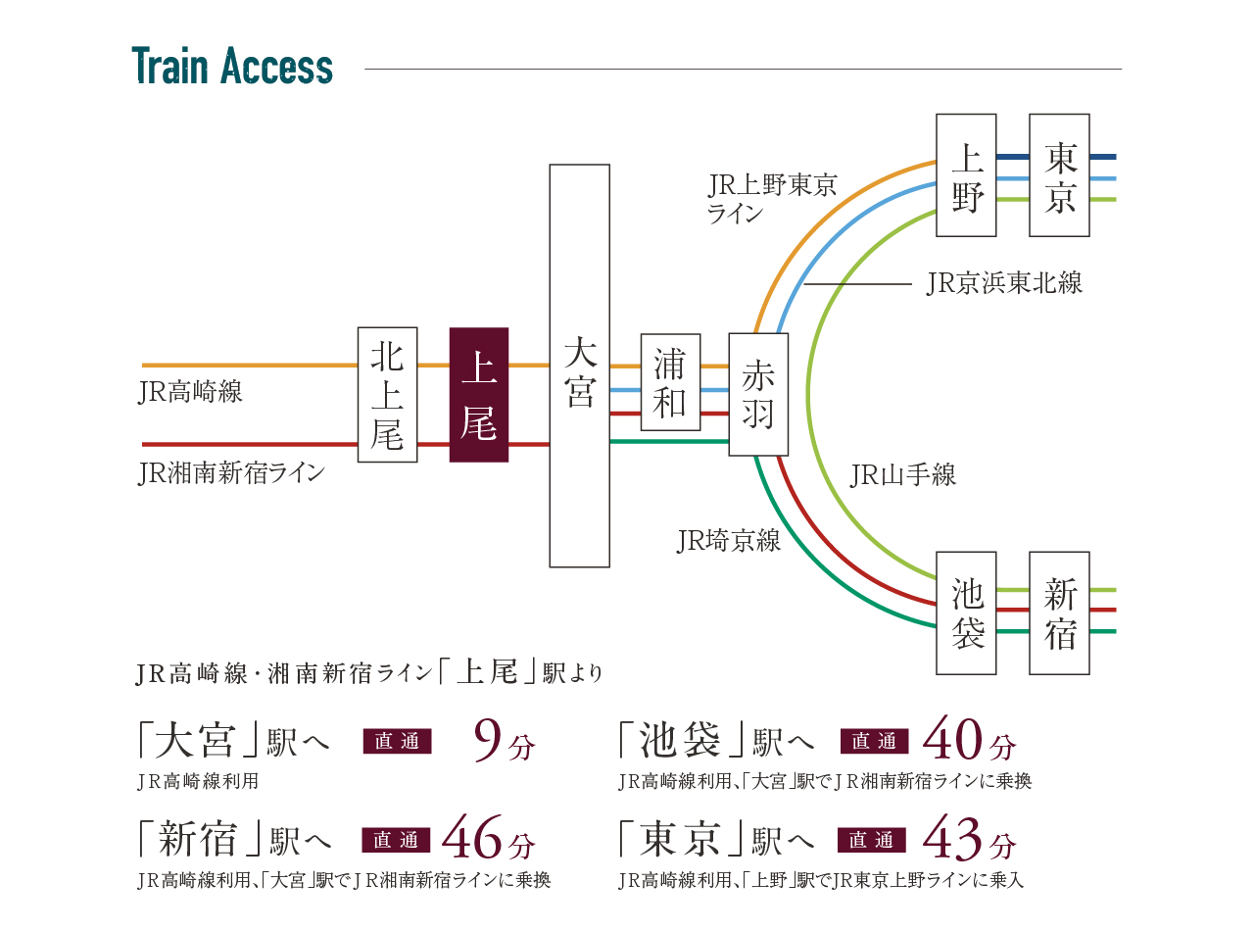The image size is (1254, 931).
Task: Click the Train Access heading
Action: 232,67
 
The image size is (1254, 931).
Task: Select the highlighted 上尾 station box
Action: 478,394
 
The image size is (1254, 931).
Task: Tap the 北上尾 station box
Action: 387,394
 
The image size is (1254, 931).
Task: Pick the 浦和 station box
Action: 670,382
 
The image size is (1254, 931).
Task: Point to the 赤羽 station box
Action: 758,394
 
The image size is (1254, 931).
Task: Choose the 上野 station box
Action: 966,174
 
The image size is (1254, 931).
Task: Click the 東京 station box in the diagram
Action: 1059,174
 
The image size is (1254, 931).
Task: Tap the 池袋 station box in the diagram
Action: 966,612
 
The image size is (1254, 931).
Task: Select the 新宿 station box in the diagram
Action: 1059,612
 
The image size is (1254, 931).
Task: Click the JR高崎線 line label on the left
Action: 190,393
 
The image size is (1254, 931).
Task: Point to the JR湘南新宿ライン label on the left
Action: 231,474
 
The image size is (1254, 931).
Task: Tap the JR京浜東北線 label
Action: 1003,284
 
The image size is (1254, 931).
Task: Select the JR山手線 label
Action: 902,476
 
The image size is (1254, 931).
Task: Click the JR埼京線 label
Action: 729,541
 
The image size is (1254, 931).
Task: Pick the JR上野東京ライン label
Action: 771,198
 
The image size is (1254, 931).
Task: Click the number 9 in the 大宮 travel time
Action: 487,741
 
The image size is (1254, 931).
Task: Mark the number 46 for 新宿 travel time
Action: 474,839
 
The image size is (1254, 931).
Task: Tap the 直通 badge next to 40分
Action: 875,742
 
